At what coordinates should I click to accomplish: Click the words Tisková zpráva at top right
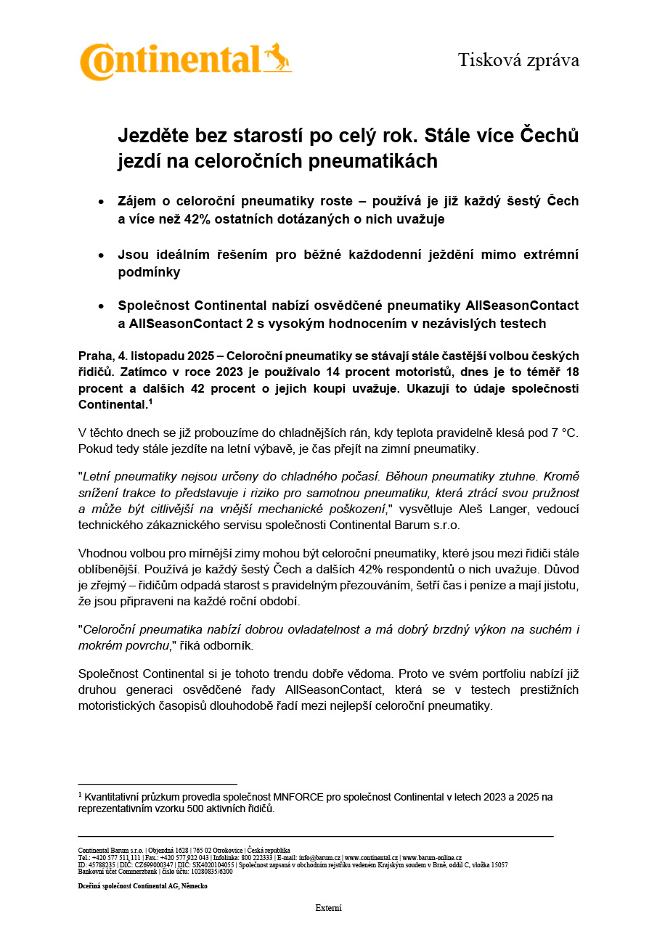click(518, 60)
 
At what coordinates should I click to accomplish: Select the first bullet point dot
click(101, 201)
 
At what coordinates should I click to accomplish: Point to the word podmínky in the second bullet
click(149, 272)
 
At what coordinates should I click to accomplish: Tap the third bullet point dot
click(101, 306)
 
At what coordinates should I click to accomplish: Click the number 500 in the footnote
click(210, 809)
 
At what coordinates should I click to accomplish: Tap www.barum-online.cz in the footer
click(432, 858)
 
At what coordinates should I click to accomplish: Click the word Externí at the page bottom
click(328, 908)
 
